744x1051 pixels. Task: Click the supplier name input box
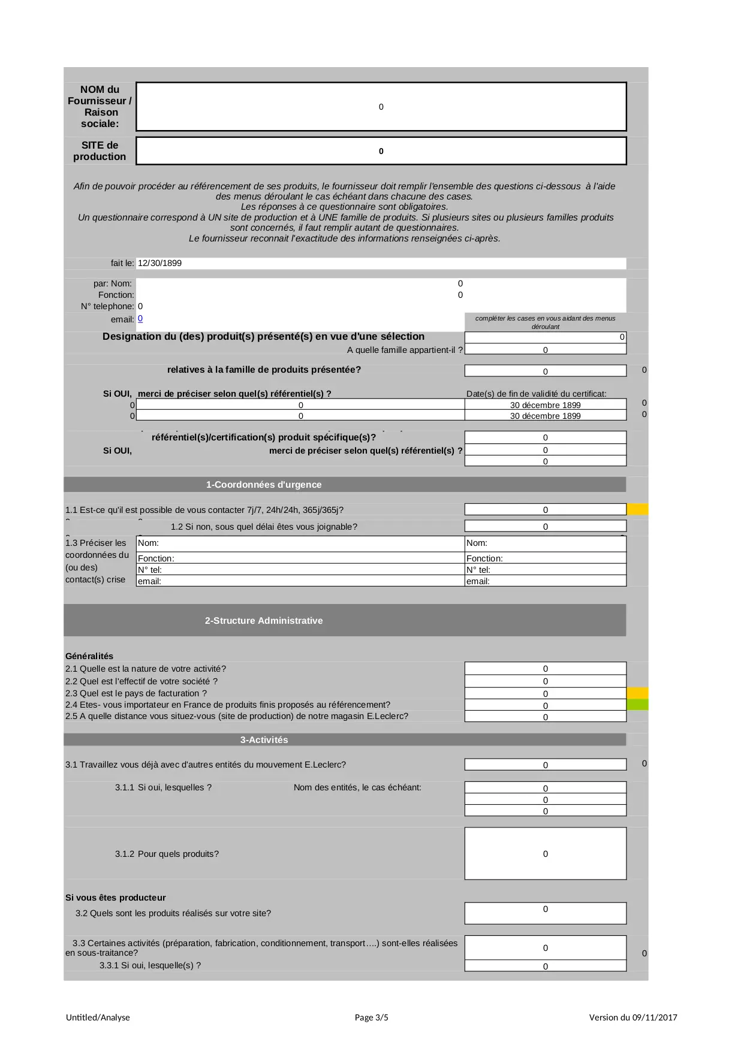click(381, 107)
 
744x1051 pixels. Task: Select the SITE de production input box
click(381, 151)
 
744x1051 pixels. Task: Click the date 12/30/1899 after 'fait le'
click(159, 263)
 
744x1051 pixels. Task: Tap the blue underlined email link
click(140, 319)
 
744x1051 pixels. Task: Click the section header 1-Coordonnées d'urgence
click(264, 485)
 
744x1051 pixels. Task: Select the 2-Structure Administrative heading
click(264, 621)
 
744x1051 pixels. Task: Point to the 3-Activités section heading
click(264, 740)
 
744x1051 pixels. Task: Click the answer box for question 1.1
click(545, 510)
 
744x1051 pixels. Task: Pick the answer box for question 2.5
click(545, 717)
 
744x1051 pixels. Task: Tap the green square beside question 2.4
click(637, 705)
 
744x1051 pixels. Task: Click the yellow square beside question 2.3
click(637, 693)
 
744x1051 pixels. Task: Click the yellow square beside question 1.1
click(637, 510)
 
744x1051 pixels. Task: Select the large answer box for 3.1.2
click(545, 854)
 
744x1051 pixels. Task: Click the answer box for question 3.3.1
click(545, 966)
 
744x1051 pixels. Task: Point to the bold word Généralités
click(89, 656)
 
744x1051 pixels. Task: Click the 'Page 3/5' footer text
click(371, 1017)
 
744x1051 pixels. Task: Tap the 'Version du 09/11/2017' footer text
click(633, 1017)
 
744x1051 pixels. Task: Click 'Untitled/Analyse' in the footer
click(98, 1017)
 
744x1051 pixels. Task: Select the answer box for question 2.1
click(545, 669)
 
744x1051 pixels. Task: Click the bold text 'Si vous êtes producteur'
click(116, 898)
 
